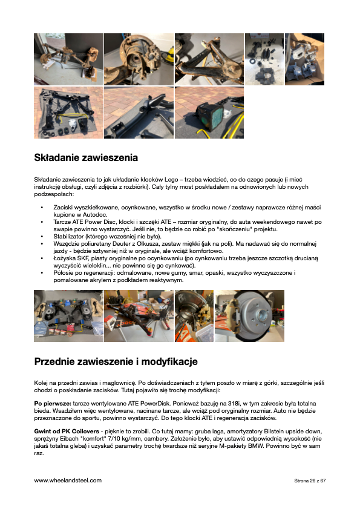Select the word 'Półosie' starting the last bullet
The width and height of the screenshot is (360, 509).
click(x=64, y=273)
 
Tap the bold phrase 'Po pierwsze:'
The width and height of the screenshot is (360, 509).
click(x=52, y=402)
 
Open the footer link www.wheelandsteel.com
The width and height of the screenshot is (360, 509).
click(x=68, y=481)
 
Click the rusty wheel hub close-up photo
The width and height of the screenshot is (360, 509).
click(x=139, y=59)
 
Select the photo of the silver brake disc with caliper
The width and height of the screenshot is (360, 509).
click(x=250, y=315)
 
